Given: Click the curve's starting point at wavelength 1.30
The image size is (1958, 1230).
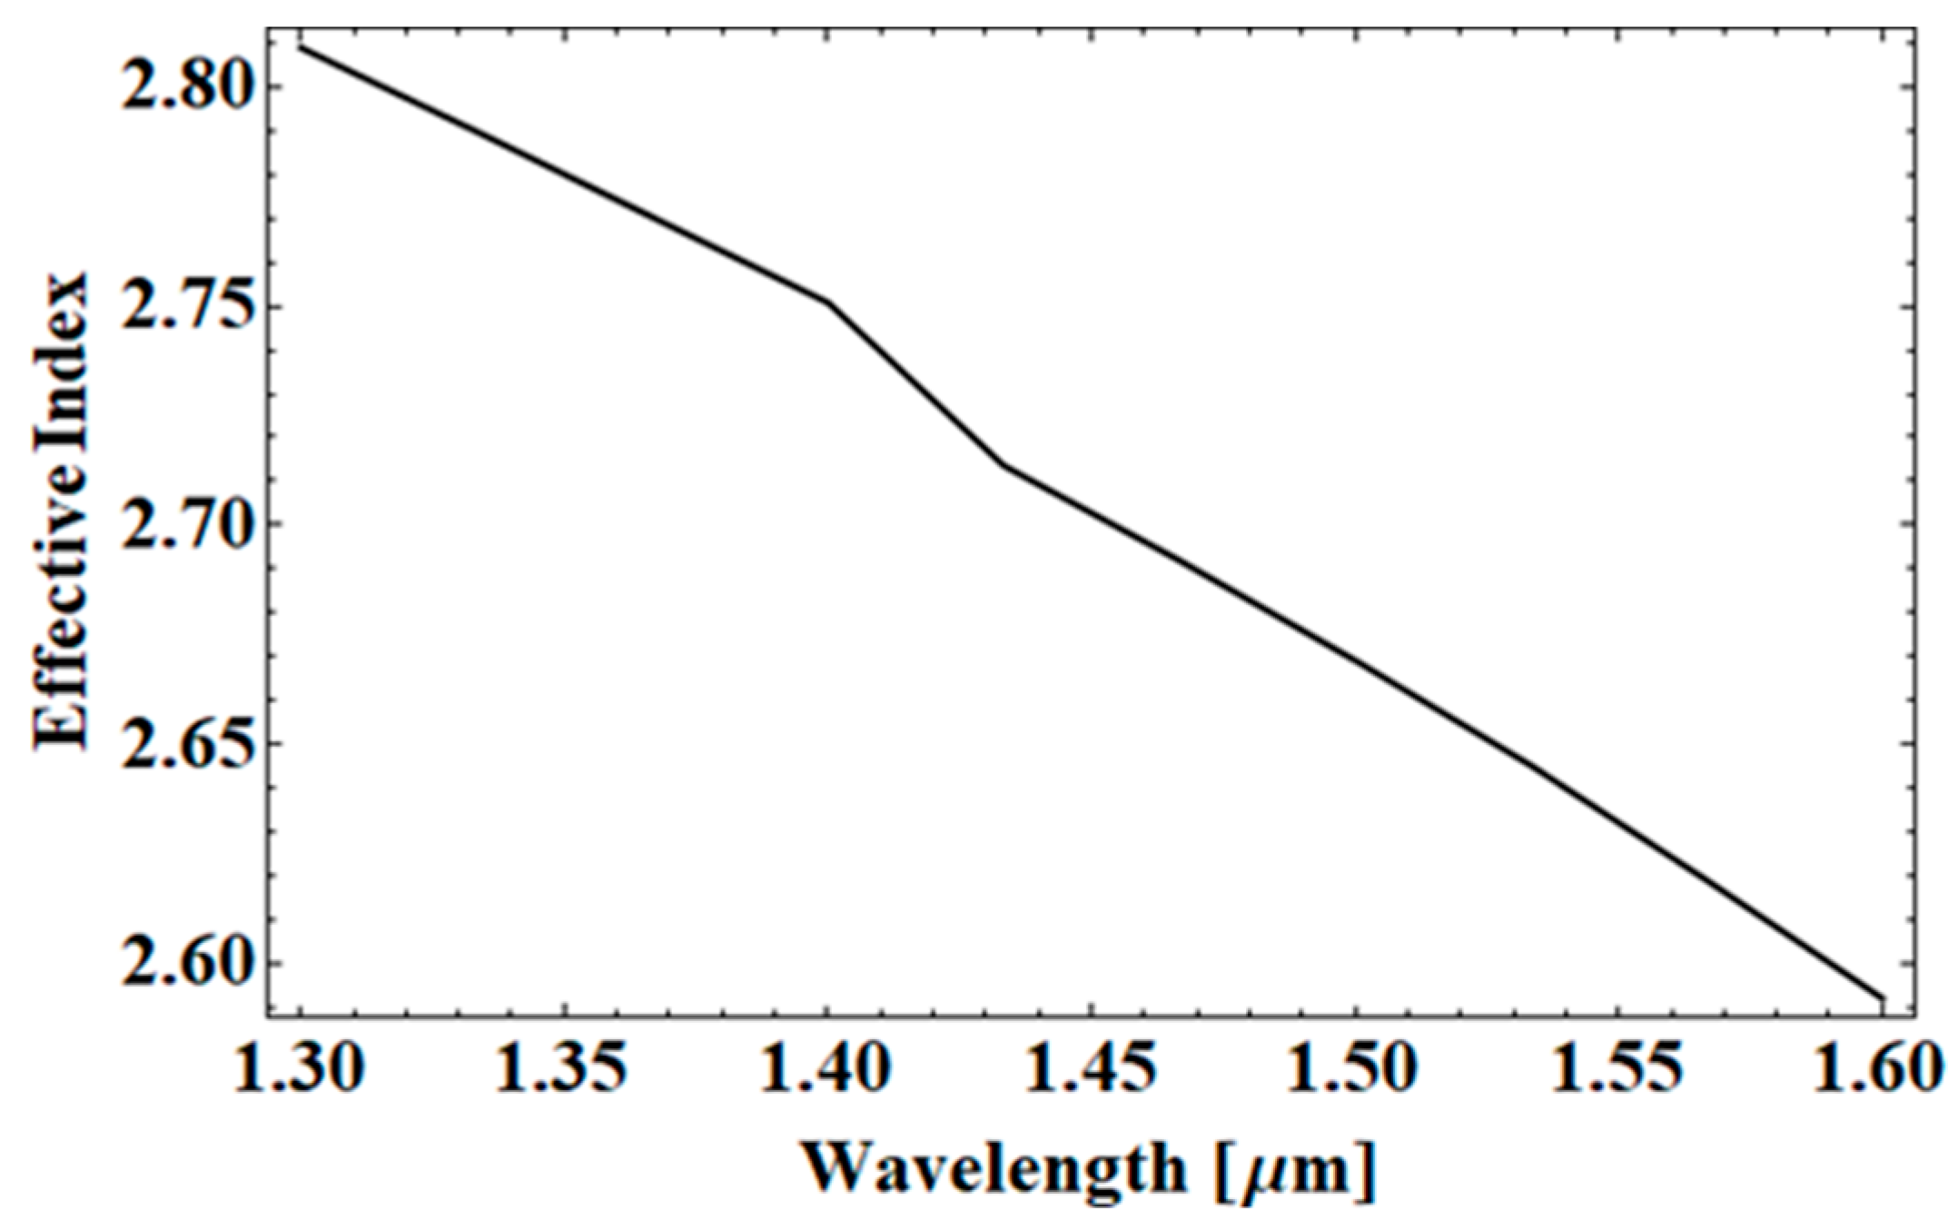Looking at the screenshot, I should [301, 46].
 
